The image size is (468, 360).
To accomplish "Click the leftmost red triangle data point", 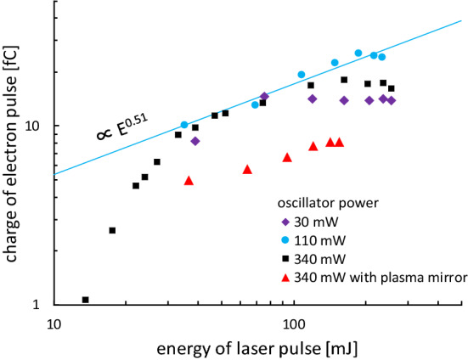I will click(x=189, y=180).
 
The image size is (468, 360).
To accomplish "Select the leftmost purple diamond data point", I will click(x=195, y=141).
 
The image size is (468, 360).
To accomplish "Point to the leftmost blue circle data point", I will click(x=183, y=125).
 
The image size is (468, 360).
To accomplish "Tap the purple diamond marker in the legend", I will click(x=285, y=223).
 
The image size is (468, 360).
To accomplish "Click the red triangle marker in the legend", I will click(x=285, y=276).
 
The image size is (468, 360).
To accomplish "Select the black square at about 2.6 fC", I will click(x=112, y=230).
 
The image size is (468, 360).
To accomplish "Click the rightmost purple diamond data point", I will click(x=392, y=100).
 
